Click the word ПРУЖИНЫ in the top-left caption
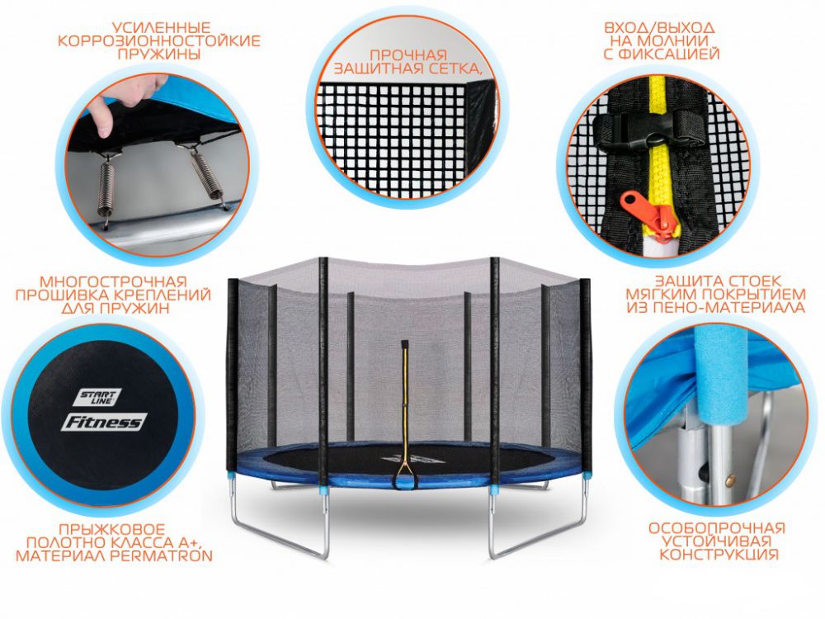(159, 54)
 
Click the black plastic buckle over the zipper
(651, 129)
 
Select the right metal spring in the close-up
(207, 176)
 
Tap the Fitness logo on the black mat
(104, 422)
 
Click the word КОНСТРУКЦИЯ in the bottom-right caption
(719, 555)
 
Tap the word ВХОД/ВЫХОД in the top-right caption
(659, 28)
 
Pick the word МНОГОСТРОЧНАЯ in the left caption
(113, 281)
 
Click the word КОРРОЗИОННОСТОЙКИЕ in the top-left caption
(159, 41)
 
